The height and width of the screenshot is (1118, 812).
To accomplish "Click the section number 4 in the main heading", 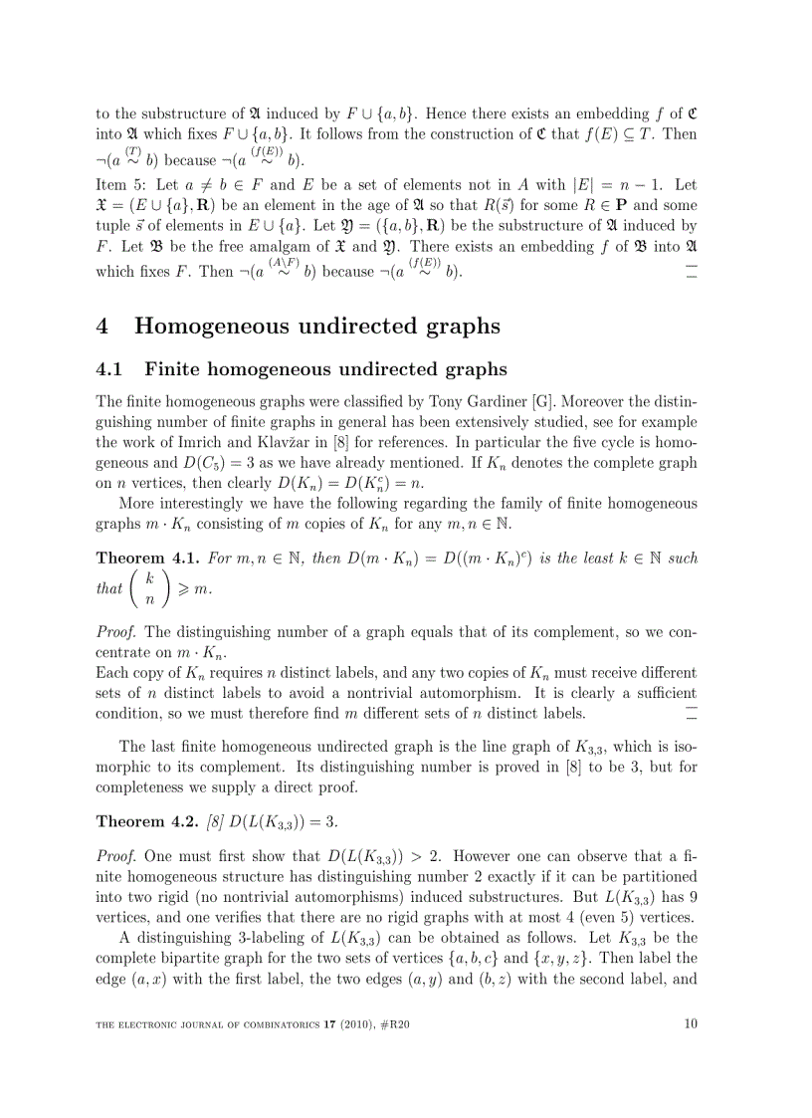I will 103,327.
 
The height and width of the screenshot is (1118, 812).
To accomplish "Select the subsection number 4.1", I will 109,370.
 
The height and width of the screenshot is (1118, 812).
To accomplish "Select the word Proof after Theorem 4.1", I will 116,632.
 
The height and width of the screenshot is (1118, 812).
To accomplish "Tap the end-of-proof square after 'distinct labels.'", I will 692,713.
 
